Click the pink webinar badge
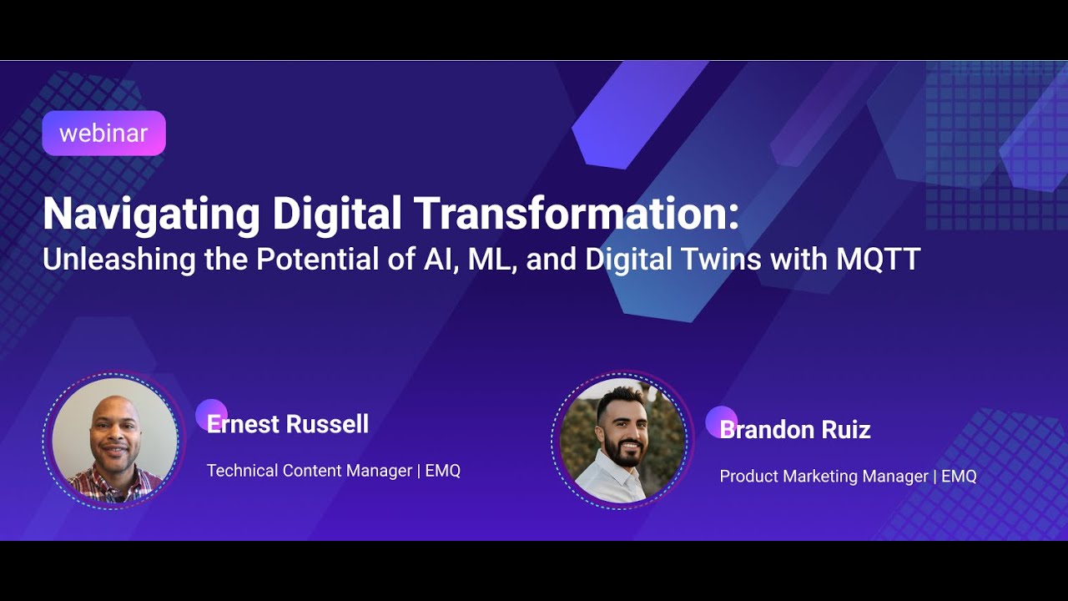coord(103,134)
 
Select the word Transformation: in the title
coord(576,214)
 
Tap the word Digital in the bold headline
coord(338,214)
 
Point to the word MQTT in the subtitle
coord(878,260)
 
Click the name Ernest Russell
coord(288,424)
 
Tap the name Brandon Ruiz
coord(795,430)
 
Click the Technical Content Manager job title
coord(309,471)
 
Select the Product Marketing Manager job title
coord(824,477)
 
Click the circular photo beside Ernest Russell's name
coord(114,440)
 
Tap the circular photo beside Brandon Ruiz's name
coord(622,440)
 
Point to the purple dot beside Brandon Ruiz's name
coord(721,421)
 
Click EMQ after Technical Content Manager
coord(443,471)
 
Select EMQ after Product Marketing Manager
coord(959,477)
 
